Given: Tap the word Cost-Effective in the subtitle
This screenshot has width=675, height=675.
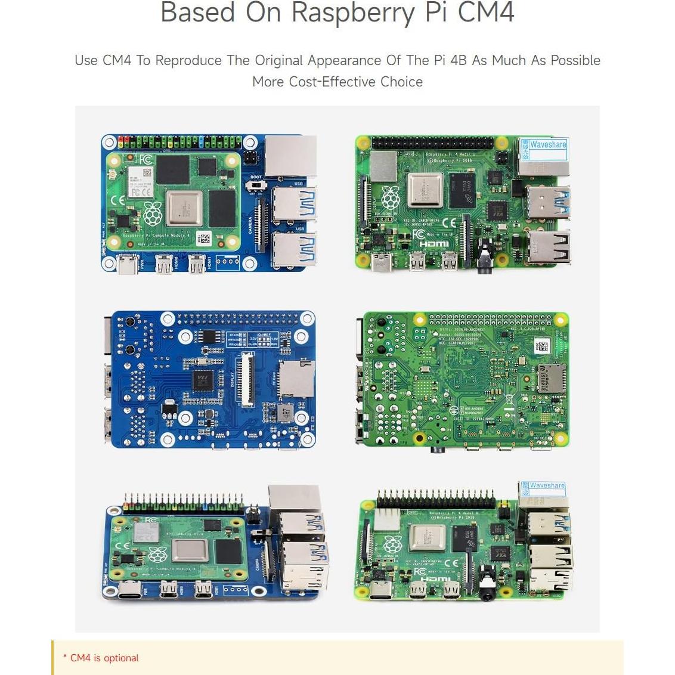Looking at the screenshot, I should point(326,82).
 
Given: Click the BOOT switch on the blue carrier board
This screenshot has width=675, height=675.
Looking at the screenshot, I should point(256,186).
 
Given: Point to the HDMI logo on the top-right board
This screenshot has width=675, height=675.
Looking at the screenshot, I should point(434,244).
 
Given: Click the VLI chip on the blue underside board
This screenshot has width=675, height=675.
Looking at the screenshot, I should point(202,380).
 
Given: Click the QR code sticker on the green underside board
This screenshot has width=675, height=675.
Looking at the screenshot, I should point(541,346).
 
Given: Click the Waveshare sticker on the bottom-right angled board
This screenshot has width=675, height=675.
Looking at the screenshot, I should point(546,486).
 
